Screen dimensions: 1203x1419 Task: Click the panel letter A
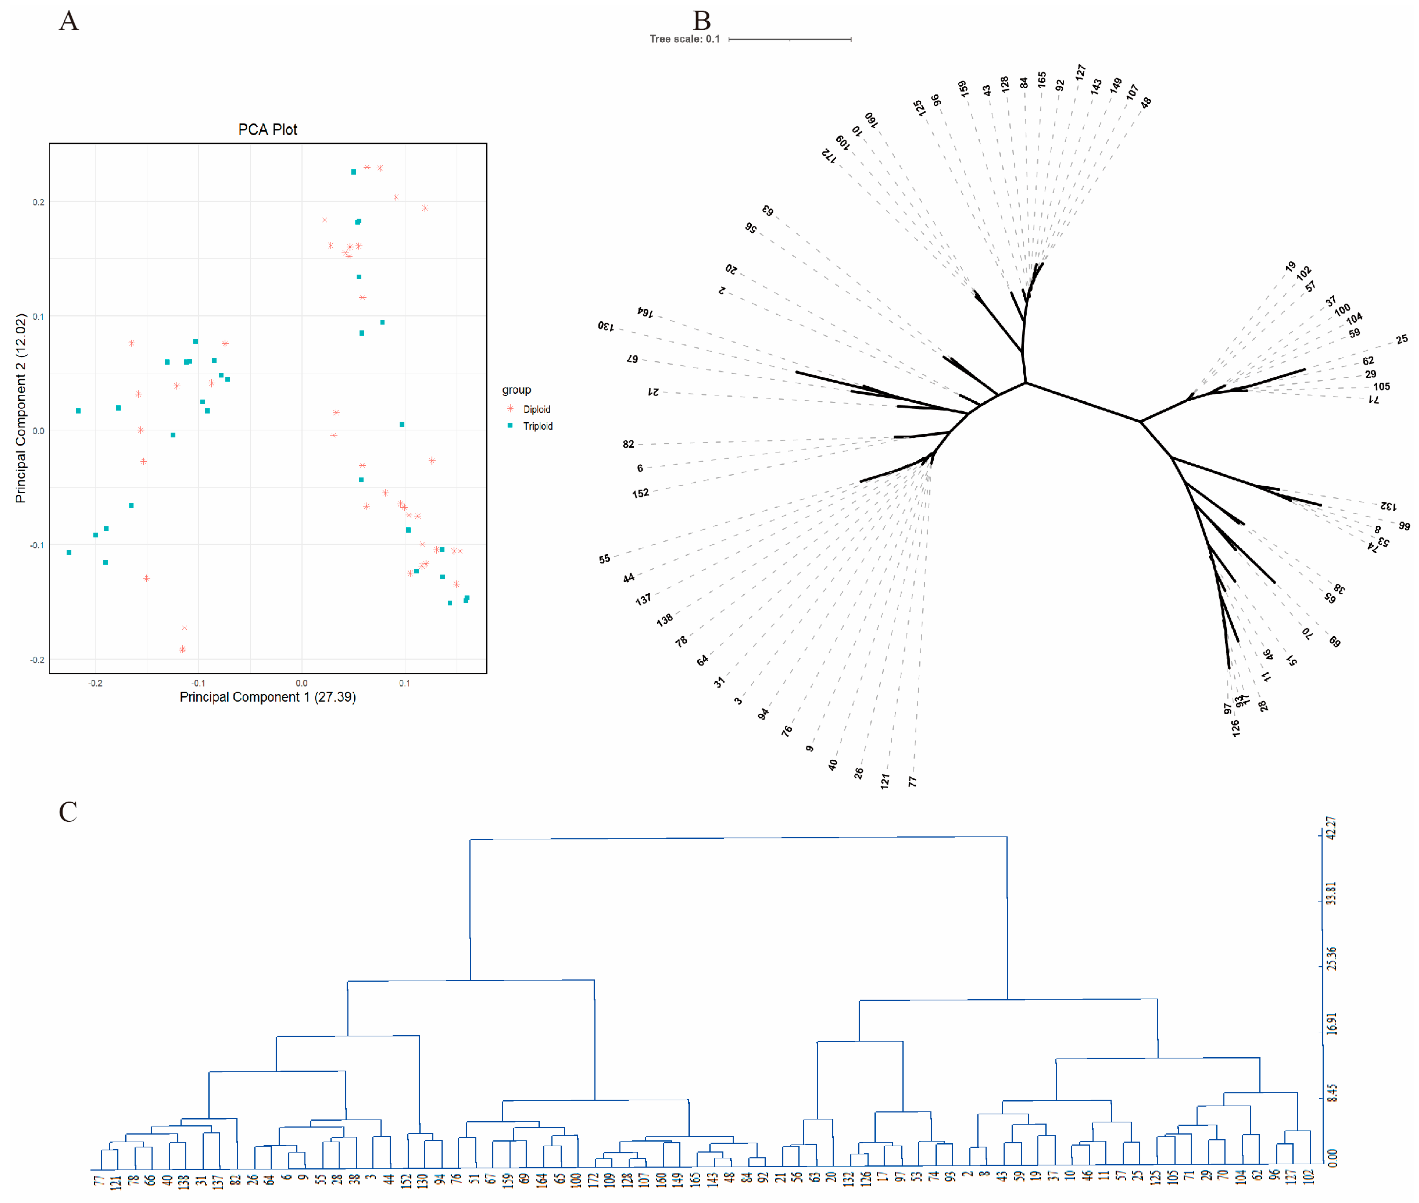coord(69,21)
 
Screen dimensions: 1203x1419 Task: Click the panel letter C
coord(68,812)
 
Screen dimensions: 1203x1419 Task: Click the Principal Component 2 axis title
coord(20,408)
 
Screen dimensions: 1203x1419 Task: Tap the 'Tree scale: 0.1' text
coord(684,39)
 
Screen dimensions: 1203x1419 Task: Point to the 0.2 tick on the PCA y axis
coord(38,202)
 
